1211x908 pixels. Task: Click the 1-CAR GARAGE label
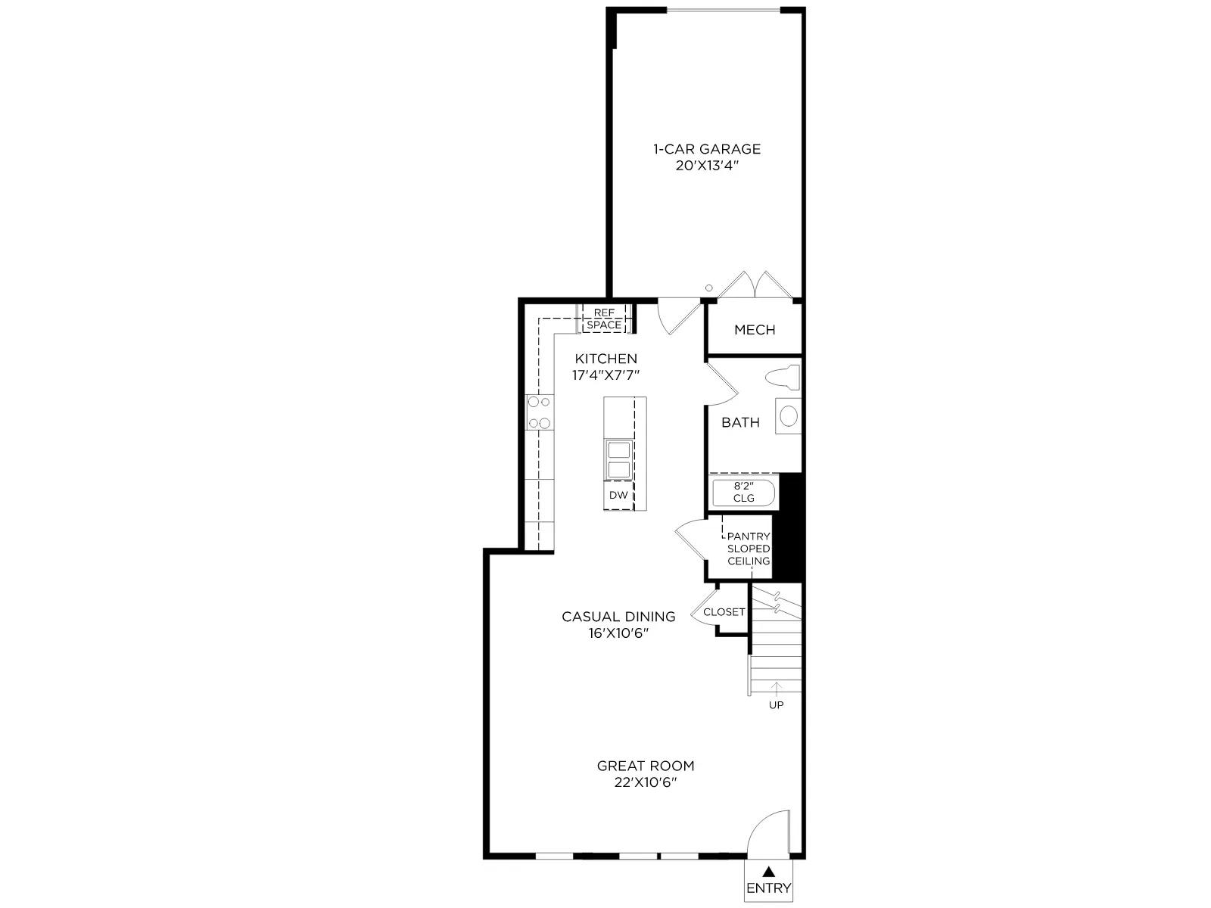coord(707,149)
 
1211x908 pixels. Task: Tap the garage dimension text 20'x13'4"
coord(707,166)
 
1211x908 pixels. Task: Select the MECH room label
coord(755,330)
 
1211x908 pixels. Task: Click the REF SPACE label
coord(604,319)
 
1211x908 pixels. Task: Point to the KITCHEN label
coord(605,359)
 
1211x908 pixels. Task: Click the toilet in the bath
coord(783,377)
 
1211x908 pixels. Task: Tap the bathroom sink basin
coord(789,415)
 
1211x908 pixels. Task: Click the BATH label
coord(740,422)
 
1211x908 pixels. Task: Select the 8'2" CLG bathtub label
coord(743,492)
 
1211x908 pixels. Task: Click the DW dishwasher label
coord(618,495)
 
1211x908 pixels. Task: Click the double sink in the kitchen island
coord(618,459)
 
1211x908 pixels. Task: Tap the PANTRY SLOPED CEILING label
coord(749,549)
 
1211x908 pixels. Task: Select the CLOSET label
coord(724,612)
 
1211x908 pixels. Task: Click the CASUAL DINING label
coord(618,617)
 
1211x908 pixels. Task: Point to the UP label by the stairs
coord(777,704)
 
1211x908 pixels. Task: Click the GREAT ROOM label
coord(646,766)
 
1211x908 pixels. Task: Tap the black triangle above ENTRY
coord(768,871)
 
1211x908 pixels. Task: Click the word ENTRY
coord(768,888)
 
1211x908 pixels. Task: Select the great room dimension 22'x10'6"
coord(646,783)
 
